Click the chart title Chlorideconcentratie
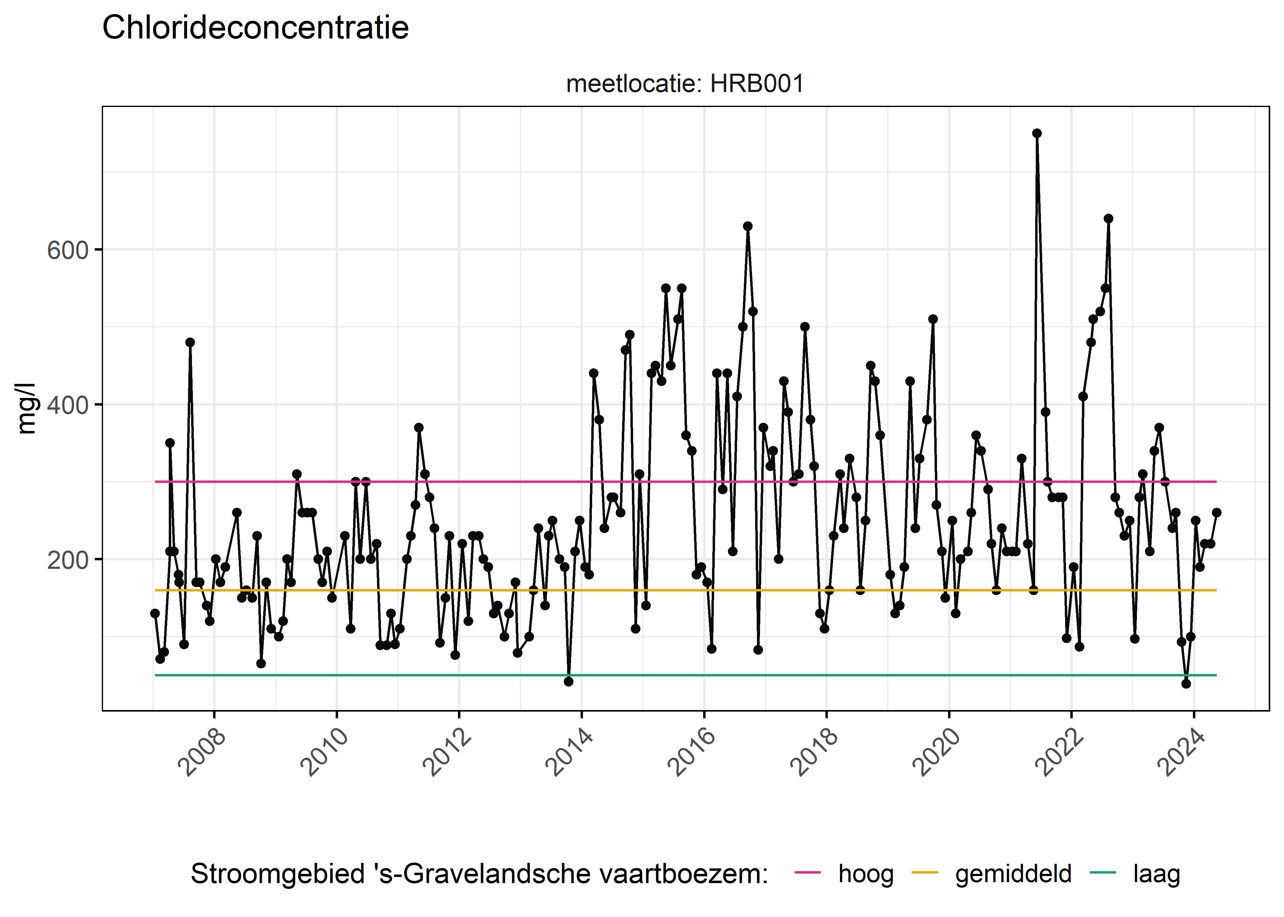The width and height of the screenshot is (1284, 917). (255, 28)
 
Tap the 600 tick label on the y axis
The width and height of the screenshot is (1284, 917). (68, 250)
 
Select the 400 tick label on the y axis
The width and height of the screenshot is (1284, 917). (68, 405)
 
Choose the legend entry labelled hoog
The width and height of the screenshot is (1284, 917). (865, 874)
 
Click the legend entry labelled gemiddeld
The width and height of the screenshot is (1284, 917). (1013, 874)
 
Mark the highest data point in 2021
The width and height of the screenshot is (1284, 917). (1037, 133)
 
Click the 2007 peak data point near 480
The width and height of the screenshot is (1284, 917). (190, 342)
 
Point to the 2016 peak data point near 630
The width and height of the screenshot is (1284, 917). (747, 226)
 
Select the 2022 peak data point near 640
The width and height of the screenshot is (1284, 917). (1109, 219)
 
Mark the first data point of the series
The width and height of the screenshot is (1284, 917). (155, 613)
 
